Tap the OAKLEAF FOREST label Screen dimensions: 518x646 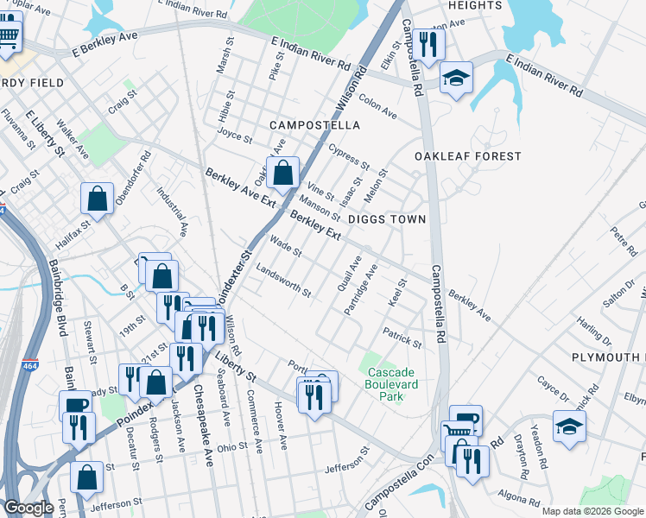pos(467,156)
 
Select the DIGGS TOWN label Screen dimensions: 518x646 pos(387,219)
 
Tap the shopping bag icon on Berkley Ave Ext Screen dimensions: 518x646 pos(282,173)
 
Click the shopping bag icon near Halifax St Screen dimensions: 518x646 pos(98,198)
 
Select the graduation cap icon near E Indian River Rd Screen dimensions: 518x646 pos(455,78)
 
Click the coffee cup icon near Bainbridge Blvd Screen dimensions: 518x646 pos(73,405)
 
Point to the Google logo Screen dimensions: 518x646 pos(29,509)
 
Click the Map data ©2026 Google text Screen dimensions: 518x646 pos(592,511)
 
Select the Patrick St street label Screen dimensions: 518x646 pos(402,338)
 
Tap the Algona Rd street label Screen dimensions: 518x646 pos(519,496)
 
